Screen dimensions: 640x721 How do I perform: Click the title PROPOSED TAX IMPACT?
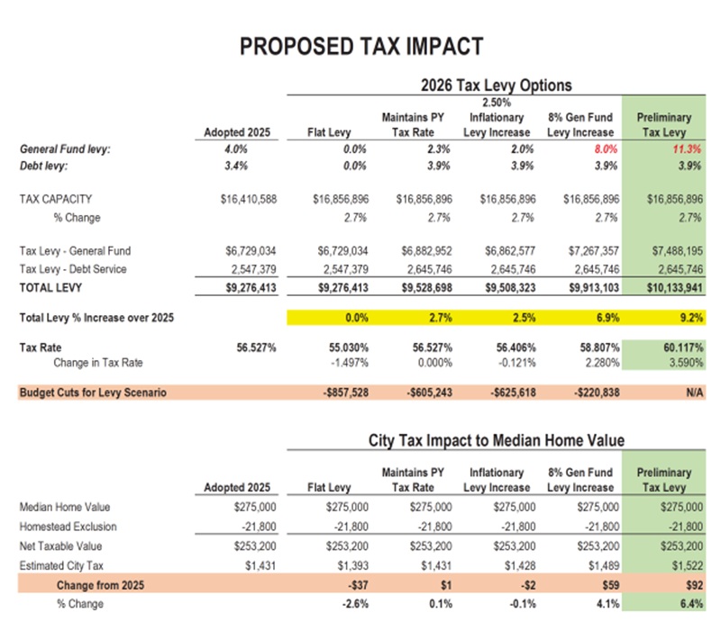tap(360, 46)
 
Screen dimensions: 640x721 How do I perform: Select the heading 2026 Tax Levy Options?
tap(496, 86)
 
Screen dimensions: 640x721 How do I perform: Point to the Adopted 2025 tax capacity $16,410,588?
tap(245, 199)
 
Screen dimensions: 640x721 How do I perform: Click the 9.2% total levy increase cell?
tap(689, 317)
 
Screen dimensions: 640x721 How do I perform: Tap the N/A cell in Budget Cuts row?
tap(694, 392)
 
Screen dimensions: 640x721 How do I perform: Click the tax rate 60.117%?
tap(681, 347)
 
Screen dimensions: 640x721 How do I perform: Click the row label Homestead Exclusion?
tap(68, 527)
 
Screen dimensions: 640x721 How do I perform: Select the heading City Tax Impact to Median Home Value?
tap(497, 441)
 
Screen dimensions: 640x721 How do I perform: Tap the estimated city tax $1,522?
tap(687, 564)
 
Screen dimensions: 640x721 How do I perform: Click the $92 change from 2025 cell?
tap(694, 584)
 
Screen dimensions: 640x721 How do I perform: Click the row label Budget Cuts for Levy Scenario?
tap(93, 392)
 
